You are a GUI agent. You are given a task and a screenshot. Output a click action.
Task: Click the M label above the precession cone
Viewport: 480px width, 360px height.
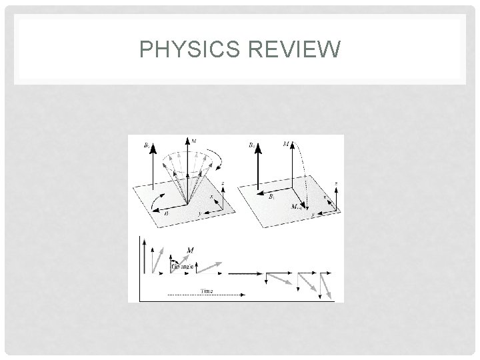tap(194, 141)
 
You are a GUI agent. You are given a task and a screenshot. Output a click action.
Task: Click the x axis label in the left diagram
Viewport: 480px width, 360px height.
tap(213, 197)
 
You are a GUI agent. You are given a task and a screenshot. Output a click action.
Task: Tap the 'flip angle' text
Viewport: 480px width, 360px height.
tap(183, 266)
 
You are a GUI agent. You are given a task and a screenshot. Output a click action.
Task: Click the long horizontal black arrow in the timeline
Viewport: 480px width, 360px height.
tap(246, 273)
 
